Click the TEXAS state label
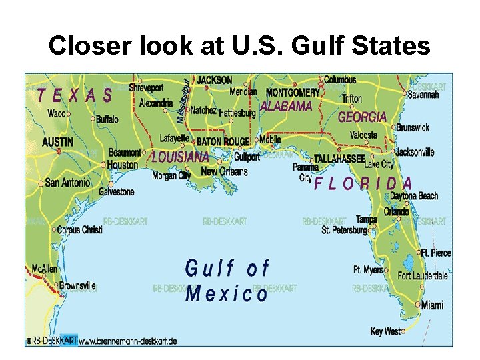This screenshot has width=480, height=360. click(75, 95)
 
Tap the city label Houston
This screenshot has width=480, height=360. click(123, 165)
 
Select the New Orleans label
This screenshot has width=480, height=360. click(224, 171)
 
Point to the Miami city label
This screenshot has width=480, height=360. click(432, 305)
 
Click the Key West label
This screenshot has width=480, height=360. click(386, 331)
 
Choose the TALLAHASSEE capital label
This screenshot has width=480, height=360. click(339, 159)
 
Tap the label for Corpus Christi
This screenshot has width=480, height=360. click(79, 230)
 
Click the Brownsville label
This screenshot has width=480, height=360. click(77, 285)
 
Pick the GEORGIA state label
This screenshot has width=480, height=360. click(362, 117)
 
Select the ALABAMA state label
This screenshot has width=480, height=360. click(285, 106)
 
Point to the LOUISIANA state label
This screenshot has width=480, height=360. click(180, 158)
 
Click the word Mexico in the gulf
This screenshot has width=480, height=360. click(227, 293)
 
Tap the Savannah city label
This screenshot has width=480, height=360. click(424, 95)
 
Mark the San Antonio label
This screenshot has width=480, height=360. click(67, 182)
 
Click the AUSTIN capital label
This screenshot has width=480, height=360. click(58, 142)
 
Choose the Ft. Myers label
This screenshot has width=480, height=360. click(368, 270)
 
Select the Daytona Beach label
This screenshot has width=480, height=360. click(413, 196)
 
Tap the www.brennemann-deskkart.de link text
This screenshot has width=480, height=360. click(127, 341)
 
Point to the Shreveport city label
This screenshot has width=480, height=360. click(146, 87)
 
